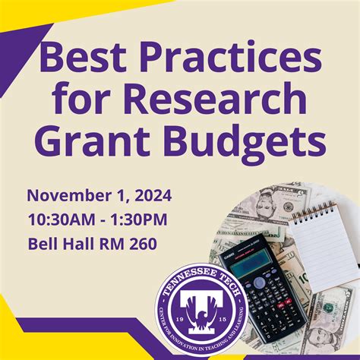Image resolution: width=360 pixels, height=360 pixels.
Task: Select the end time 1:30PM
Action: click(141, 219)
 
